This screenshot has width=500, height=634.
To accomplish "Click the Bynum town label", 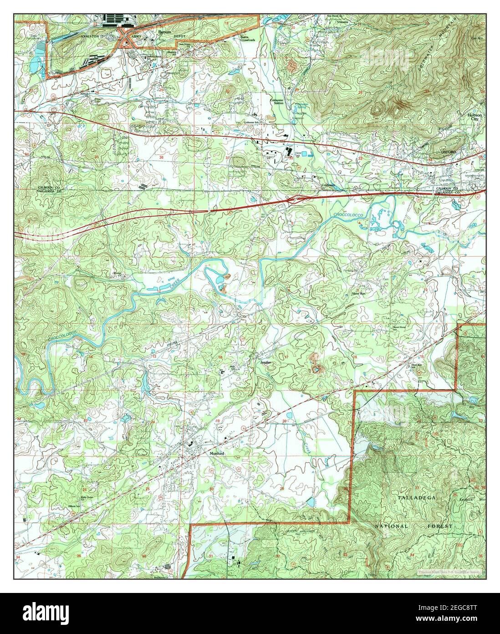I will click(x=164, y=32).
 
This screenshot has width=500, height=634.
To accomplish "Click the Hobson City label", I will click(x=476, y=117).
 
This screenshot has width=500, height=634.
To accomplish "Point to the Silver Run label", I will click(x=358, y=294).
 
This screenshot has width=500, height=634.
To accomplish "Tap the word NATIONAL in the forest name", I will click(x=392, y=526).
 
